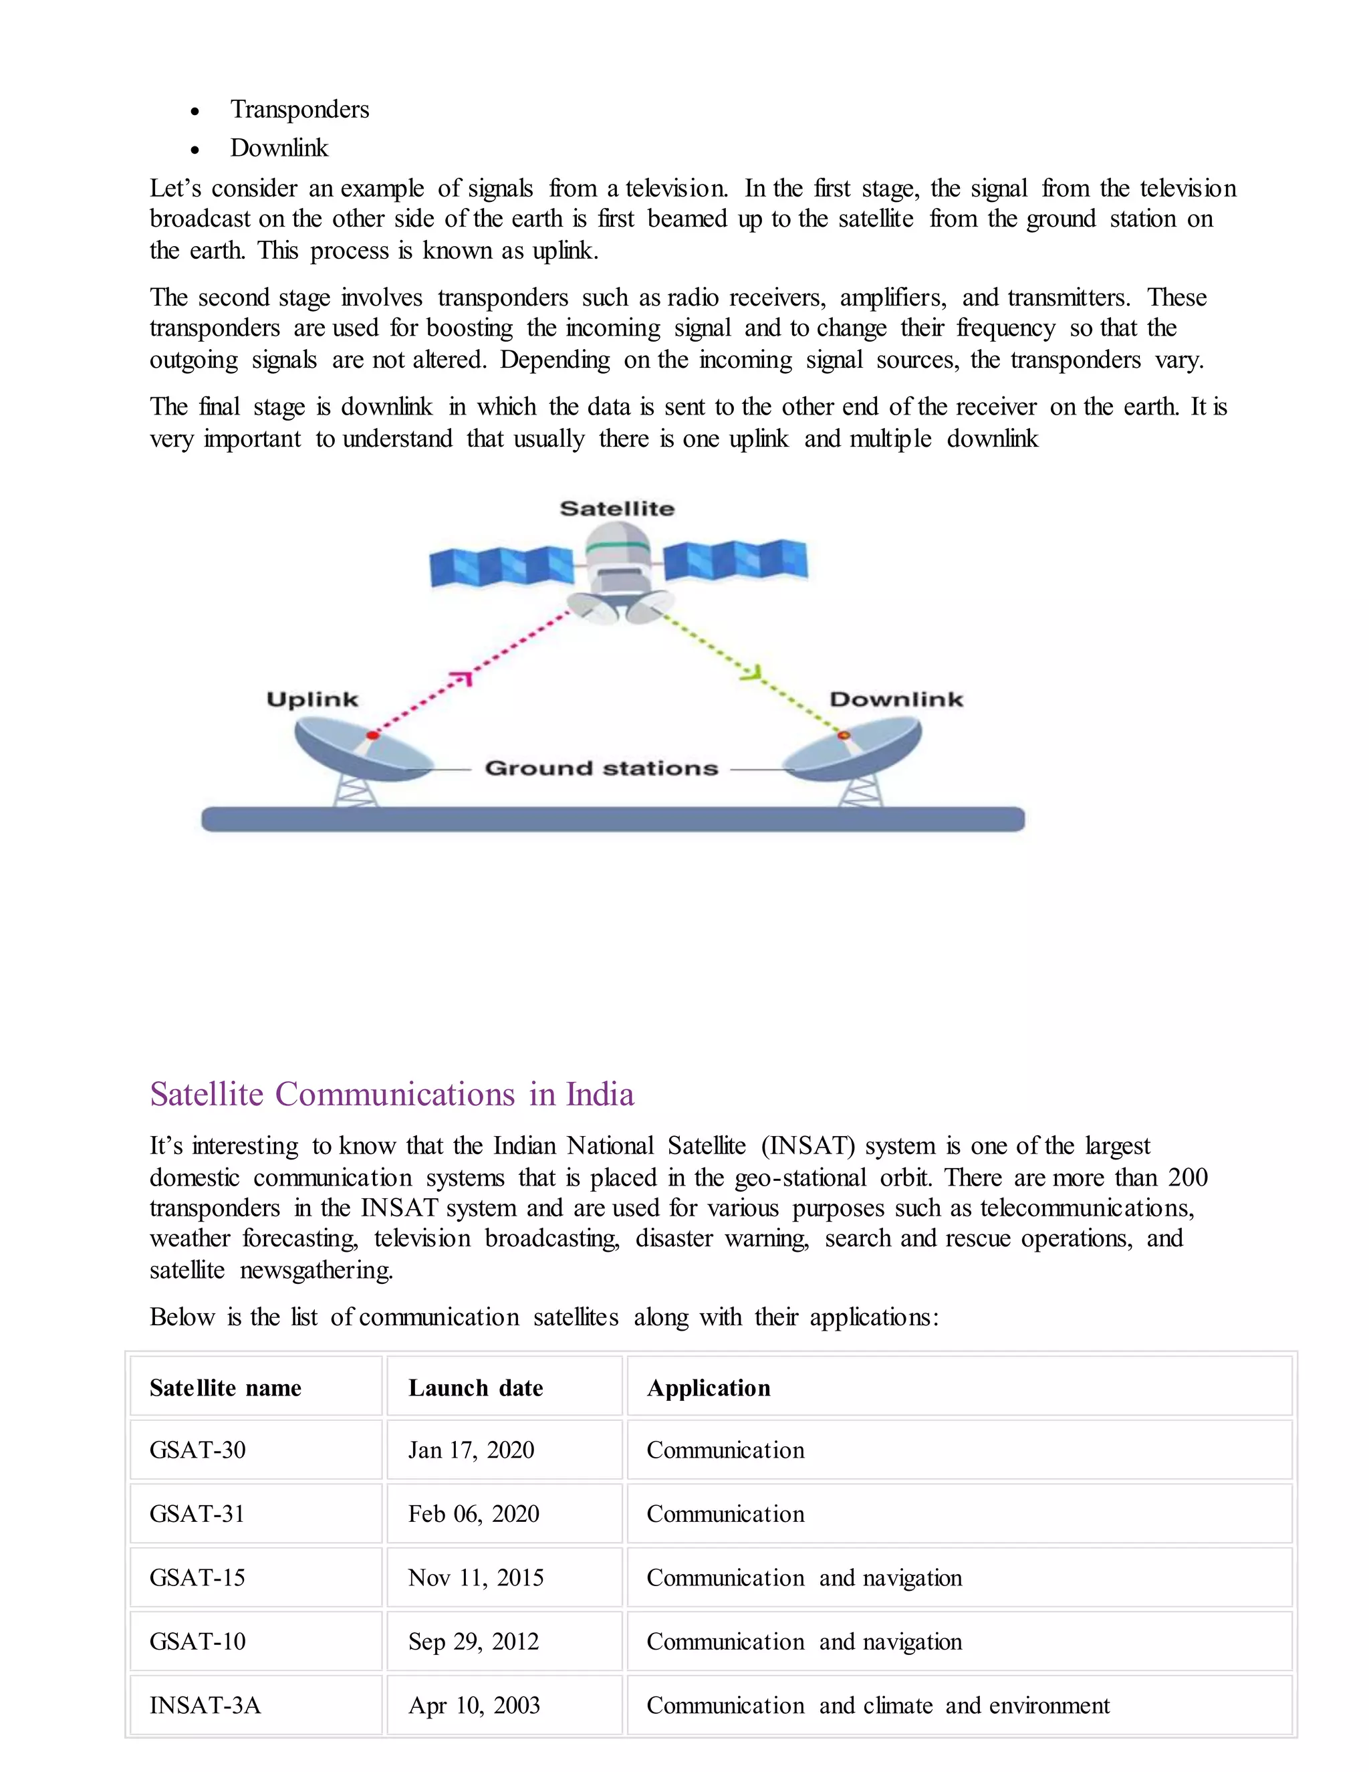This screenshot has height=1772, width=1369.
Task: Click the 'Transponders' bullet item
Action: point(299,110)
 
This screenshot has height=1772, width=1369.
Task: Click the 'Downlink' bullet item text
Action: point(279,148)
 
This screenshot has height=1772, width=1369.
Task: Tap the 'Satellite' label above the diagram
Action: point(617,509)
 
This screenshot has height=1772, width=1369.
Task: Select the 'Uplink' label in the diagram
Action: point(312,699)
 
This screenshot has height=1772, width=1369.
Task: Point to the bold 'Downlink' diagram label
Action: point(896,699)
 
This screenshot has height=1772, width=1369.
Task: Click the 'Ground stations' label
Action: point(601,768)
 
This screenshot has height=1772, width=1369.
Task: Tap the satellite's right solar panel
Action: point(735,560)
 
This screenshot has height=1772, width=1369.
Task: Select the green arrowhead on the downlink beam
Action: point(753,673)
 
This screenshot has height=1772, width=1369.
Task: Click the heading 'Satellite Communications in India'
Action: point(392,1095)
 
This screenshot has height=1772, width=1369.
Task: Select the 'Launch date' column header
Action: point(475,1388)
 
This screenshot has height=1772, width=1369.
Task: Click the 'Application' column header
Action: point(708,1388)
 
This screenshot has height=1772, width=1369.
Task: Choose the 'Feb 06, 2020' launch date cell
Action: point(474,1514)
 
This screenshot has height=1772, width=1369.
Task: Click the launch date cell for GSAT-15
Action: point(476,1577)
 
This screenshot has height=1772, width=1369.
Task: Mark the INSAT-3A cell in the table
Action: point(205,1706)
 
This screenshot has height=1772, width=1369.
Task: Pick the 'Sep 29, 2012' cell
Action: point(474,1642)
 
